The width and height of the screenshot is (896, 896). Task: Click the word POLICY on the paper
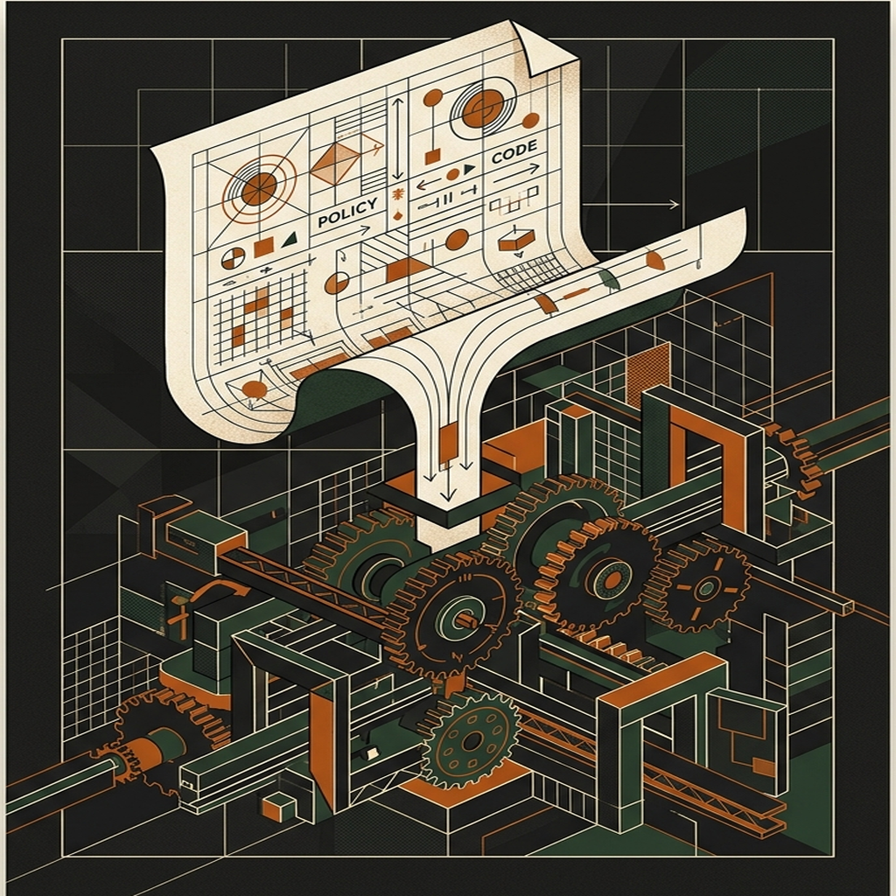tap(347, 213)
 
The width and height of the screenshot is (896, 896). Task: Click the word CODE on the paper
tap(514, 152)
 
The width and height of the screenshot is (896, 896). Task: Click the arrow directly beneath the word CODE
tap(515, 174)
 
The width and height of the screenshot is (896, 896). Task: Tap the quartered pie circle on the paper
tap(233, 258)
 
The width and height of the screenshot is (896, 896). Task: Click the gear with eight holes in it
tap(472, 742)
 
